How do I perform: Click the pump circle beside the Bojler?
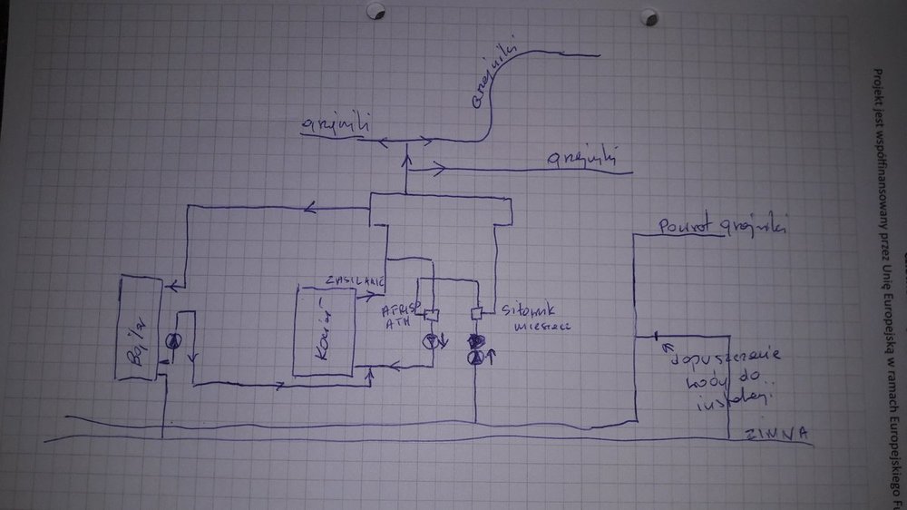tap(172, 340)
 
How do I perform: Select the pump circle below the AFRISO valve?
tap(433, 342)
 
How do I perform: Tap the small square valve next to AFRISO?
tap(432, 315)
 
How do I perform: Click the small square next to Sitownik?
tap(475, 313)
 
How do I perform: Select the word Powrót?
tap(686, 224)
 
